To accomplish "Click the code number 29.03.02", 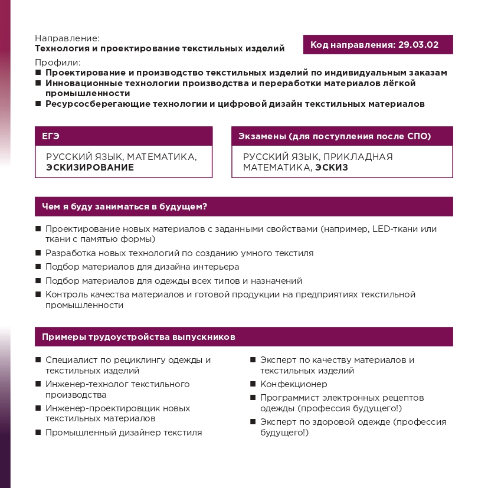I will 418,45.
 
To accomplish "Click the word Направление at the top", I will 67,37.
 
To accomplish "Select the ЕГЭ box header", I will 51,136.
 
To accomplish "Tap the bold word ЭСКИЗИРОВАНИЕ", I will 90,167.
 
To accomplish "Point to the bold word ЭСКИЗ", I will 331,167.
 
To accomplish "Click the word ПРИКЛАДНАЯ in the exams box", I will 357,156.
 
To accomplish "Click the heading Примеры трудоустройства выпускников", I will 139,337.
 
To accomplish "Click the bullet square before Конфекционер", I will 253,384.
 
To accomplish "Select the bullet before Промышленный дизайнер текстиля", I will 38,433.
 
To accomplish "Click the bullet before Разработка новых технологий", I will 38,253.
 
